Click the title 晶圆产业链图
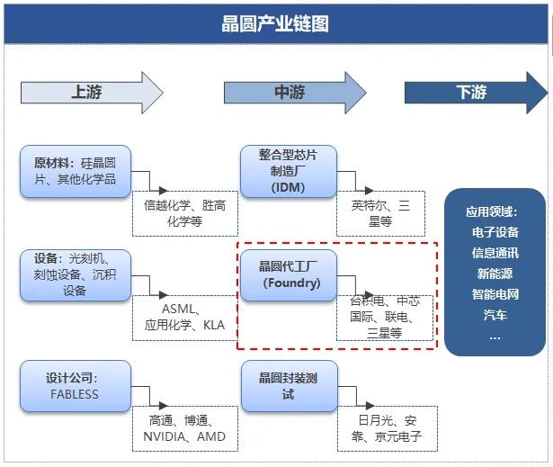tap(275, 23)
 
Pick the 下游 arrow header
tap(473, 92)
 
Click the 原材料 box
tap(76, 171)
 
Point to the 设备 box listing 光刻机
tap(76, 275)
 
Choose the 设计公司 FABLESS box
tap(76, 385)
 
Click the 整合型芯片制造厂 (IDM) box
tap(289, 171)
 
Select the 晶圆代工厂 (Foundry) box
tap(289, 274)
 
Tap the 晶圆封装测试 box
tap(289, 386)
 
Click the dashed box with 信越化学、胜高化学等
tap(184, 213)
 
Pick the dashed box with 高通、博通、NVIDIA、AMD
tap(184, 428)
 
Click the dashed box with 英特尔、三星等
tap(380, 213)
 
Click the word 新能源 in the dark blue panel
tap(495, 273)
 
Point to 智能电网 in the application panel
tap(495, 293)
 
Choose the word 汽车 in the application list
tap(495, 314)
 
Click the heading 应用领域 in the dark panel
tap(493, 212)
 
